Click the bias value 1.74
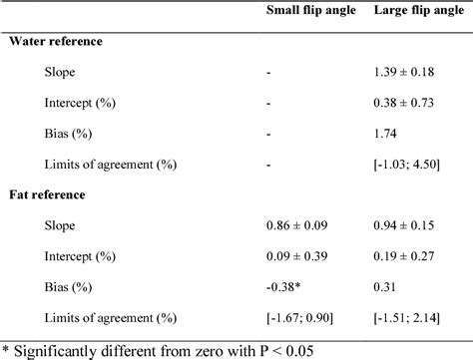coord(384,133)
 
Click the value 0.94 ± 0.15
coord(406,225)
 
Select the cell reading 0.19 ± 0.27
coord(406,255)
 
